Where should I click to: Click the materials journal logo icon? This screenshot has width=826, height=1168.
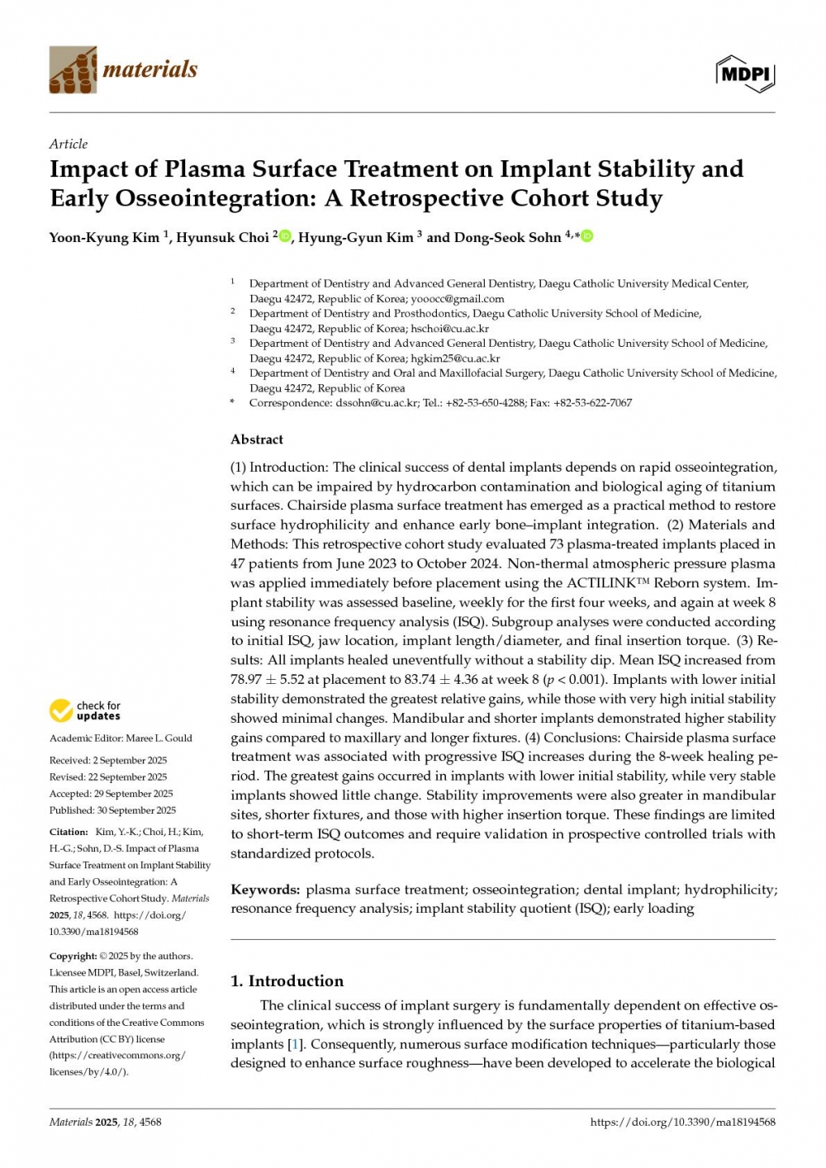pyautogui.click(x=73, y=69)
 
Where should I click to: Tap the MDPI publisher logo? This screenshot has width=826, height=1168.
pyautogui.click(x=744, y=74)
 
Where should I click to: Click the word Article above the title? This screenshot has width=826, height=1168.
pyautogui.click(x=69, y=144)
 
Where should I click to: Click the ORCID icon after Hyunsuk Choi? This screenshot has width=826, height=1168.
pyautogui.click(x=286, y=236)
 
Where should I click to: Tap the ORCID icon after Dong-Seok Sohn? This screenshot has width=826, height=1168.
pyautogui.click(x=587, y=236)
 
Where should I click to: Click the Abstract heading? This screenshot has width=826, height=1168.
pyautogui.click(x=257, y=439)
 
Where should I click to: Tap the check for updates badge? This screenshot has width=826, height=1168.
pyautogui.click(x=85, y=710)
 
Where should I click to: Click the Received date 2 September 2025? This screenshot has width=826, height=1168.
pyautogui.click(x=130, y=761)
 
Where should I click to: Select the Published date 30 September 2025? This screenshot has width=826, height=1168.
pyautogui.click(x=135, y=810)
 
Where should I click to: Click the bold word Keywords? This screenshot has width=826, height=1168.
pyautogui.click(x=265, y=890)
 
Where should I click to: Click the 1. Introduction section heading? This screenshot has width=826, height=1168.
pyautogui.click(x=287, y=981)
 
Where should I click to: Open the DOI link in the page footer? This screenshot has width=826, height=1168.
pyautogui.click(x=682, y=1122)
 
